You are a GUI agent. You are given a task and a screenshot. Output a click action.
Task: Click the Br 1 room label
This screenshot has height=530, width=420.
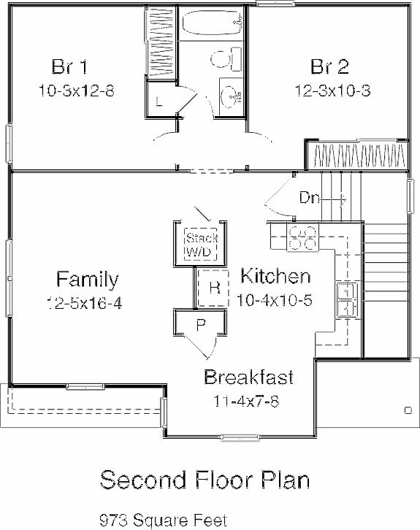(x=70, y=68)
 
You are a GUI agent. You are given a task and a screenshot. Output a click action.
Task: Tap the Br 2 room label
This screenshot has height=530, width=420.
(x=329, y=68)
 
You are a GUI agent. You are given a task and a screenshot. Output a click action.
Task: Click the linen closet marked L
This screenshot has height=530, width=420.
(x=159, y=101)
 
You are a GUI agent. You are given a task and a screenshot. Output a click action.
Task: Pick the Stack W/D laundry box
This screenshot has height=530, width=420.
(x=198, y=245)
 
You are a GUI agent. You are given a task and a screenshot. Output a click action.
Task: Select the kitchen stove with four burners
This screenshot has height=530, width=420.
(x=303, y=238)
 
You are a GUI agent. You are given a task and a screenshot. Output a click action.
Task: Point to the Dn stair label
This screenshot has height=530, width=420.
(x=308, y=197)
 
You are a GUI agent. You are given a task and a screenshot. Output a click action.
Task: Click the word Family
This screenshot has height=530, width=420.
(x=87, y=279)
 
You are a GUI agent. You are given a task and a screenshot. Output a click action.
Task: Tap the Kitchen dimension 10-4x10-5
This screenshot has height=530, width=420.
(x=275, y=300)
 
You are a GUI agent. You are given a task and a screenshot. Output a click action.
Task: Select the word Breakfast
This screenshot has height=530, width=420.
(x=248, y=377)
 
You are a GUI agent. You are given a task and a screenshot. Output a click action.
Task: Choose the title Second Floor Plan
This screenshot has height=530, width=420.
(x=205, y=480)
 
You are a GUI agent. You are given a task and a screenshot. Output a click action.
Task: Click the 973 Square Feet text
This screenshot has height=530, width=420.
(x=163, y=520)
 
